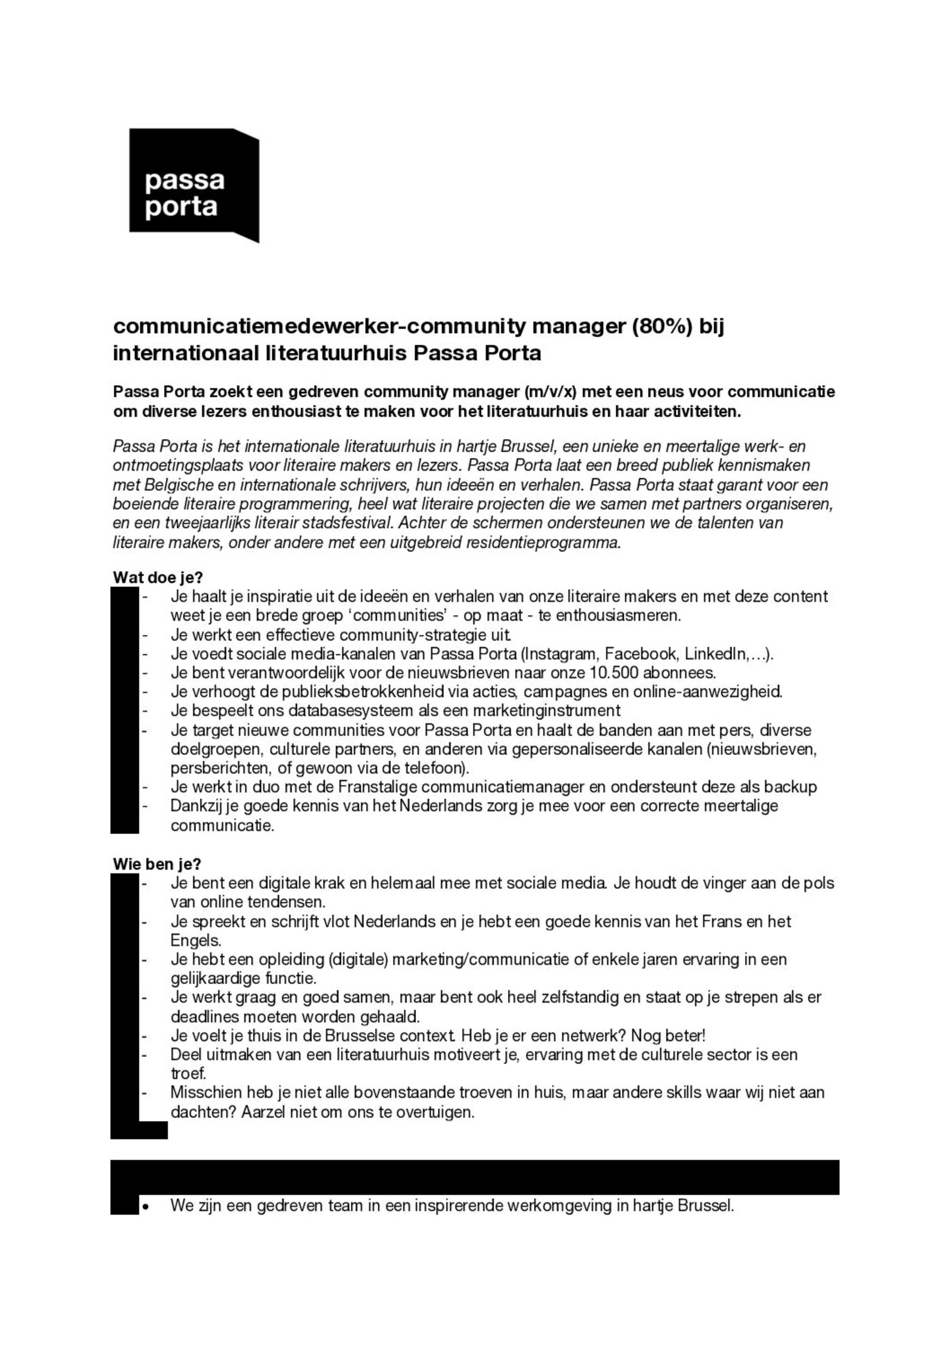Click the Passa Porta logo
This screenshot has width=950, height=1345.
click(x=194, y=185)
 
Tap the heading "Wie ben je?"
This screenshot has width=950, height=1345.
click(x=157, y=864)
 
